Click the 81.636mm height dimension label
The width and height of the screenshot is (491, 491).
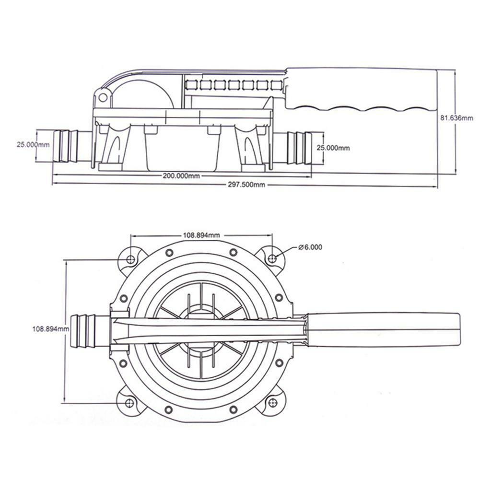[x=456, y=117]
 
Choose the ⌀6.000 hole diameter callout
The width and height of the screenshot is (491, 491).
[x=310, y=247]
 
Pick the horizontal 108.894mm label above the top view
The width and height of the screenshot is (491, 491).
[x=201, y=235]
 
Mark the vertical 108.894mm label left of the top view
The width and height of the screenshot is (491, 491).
[x=51, y=329]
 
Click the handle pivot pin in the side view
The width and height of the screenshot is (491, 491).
[x=103, y=97]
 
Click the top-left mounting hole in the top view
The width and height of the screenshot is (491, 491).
[x=130, y=259]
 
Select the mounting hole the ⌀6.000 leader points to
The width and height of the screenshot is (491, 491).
[x=272, y=259]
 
